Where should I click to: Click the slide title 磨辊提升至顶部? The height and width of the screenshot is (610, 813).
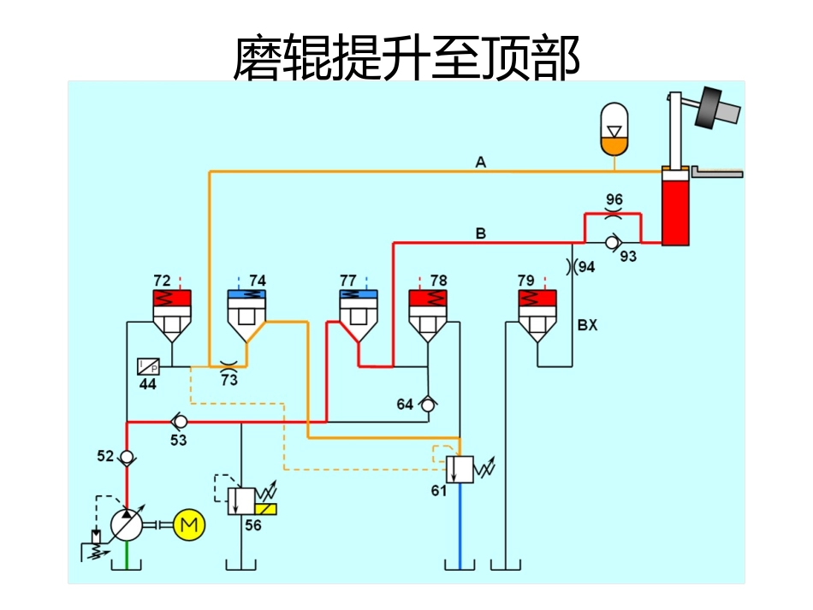point(406,58)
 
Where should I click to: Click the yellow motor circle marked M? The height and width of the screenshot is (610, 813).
point(190,524)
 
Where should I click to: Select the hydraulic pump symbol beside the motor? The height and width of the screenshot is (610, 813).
point(127,524)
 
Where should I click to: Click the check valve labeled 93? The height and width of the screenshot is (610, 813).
point(611,243)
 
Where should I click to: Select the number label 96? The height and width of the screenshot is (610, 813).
point(614,199)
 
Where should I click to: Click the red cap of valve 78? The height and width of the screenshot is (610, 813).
point(427,299)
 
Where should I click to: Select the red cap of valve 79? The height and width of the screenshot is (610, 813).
point(537,299)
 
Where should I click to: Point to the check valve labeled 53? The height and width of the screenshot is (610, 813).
point(180,422)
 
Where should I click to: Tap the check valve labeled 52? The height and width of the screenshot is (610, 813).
point(127,457)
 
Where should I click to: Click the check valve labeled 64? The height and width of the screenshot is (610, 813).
point(428,405)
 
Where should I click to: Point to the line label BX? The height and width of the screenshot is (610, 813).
point(587,326)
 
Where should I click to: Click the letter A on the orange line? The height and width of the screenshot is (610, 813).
point(481,163)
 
